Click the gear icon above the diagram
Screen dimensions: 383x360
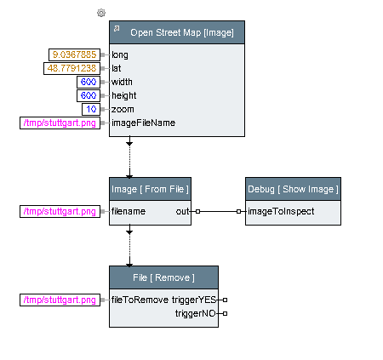click(x=101, y=13)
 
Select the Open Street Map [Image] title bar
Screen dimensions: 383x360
click(x=177, y=32)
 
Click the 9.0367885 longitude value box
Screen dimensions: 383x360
click(x=74, y=54)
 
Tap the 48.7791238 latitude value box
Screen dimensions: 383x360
click(x=71, y=68)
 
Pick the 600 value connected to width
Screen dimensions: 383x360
click(x=89, y=82)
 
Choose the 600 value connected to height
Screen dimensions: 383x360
click(x=89, y=95)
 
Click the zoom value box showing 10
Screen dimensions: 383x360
click(x=91, y=109)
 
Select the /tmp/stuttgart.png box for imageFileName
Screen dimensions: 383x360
click(x=60, y=123)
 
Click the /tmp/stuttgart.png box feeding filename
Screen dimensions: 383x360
click(x=60, y=211)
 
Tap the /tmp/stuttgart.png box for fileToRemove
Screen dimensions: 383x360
click(x=60, y=300)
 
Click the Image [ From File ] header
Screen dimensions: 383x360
click(x=150, y=189)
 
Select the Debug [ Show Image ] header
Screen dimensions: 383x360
click(x=293, y=189)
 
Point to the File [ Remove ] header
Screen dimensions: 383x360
click(x=163, y=277)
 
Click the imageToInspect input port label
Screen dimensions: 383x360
click(x=281, y=211)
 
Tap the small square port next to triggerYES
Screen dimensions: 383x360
click(x=225, y=300)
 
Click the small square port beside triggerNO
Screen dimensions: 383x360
click(x=225, y=313)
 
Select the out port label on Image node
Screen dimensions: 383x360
click(x=182, y=211)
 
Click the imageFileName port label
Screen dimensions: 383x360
click(x=143, y=123)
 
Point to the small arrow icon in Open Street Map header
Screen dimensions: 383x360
click(x=117, y=28)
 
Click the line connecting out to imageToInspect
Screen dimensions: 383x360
click(x=218, y=211)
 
